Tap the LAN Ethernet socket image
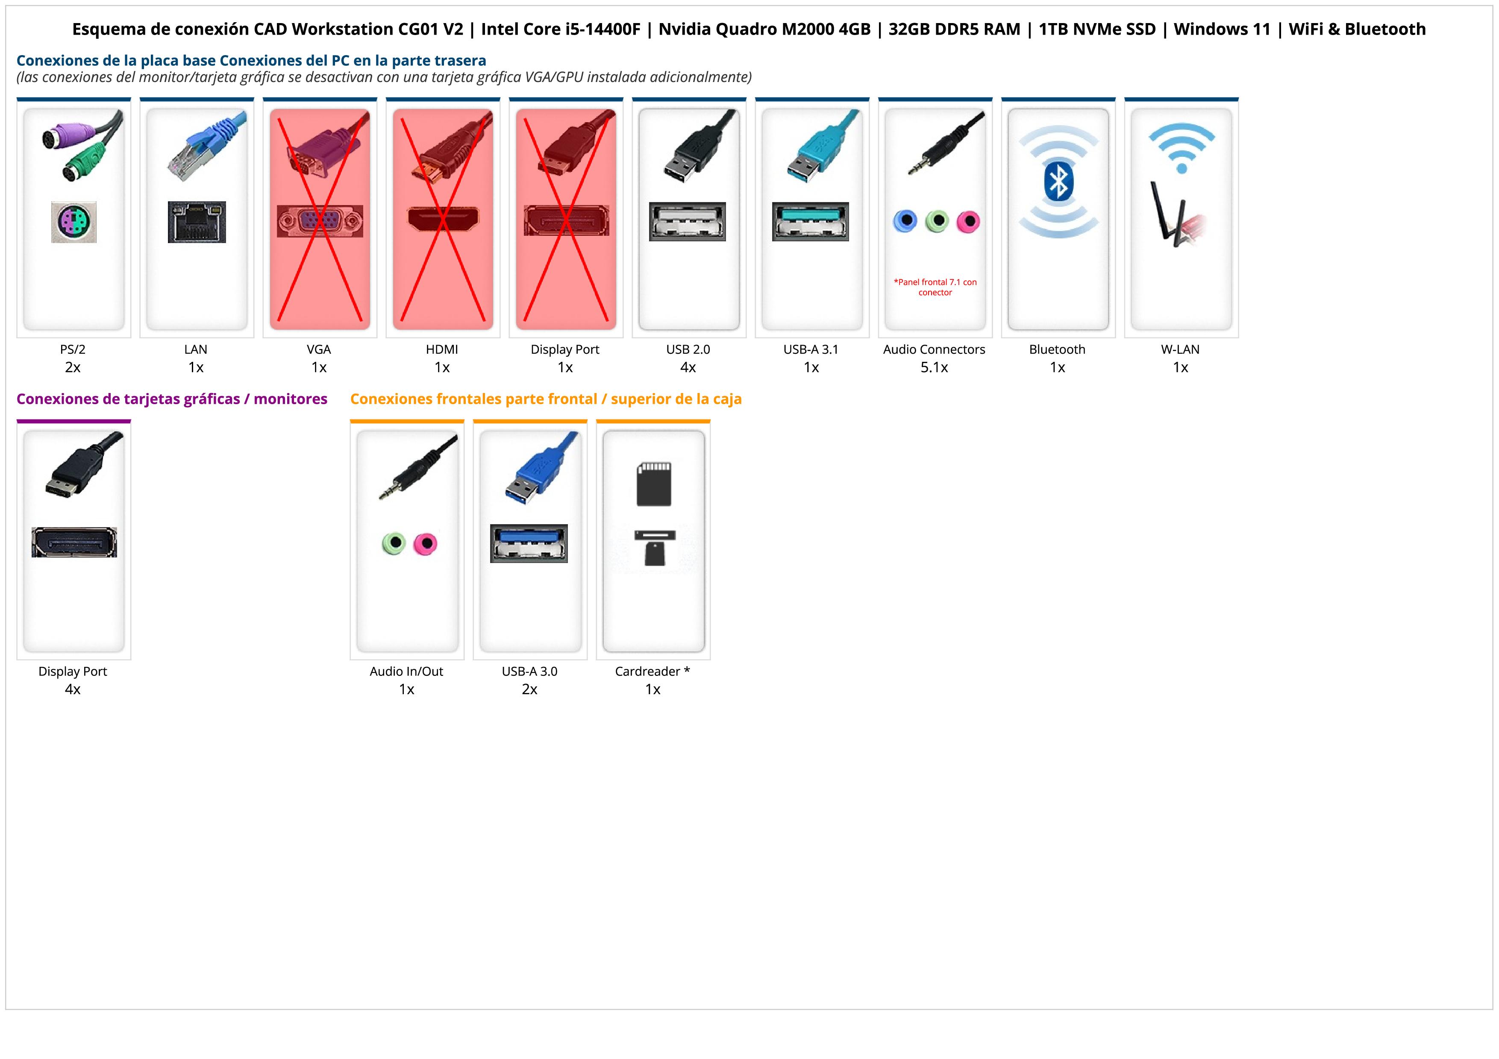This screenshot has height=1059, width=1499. coord(197,222)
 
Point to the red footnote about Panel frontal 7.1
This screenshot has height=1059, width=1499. coord(935,287)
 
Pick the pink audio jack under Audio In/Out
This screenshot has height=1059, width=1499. coord(426,543)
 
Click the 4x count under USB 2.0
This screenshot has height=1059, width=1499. coord(688,367)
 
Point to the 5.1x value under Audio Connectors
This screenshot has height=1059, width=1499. coord(934,367)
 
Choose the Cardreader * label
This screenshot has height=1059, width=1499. coord(652,672)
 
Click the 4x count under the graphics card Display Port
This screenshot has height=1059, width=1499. coord(73,689)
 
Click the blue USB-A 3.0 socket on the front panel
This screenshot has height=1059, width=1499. coord(529,543)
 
